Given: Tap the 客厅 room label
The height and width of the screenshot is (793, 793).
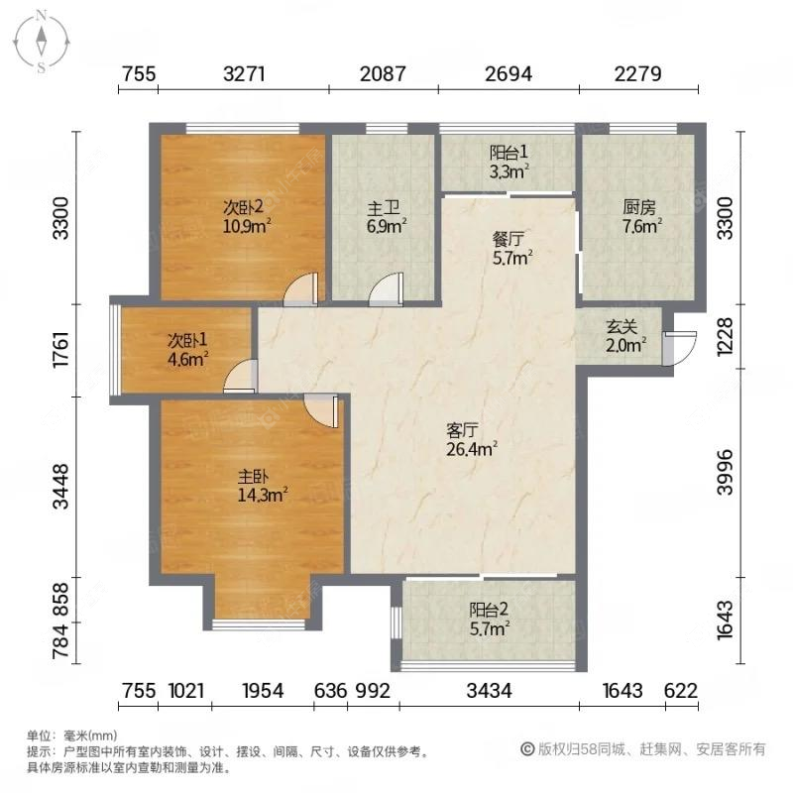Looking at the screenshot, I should click(463, 430).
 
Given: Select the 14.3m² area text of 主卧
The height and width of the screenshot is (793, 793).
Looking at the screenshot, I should click(262, 493).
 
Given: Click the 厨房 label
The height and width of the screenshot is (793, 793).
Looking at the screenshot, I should click(639, 208).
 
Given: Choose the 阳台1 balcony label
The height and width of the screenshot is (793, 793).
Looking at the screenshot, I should click(510, 153).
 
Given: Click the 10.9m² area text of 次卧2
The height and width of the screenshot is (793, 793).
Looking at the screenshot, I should click(244, 225).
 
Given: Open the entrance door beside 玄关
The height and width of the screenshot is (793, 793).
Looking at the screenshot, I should click(680, 348).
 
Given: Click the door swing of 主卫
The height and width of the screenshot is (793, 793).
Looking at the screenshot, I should click(384, 288).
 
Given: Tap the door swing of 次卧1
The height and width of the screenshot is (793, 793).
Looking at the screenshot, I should click(242, 377).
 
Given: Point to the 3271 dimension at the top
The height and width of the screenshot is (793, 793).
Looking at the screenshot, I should click(243, 73).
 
